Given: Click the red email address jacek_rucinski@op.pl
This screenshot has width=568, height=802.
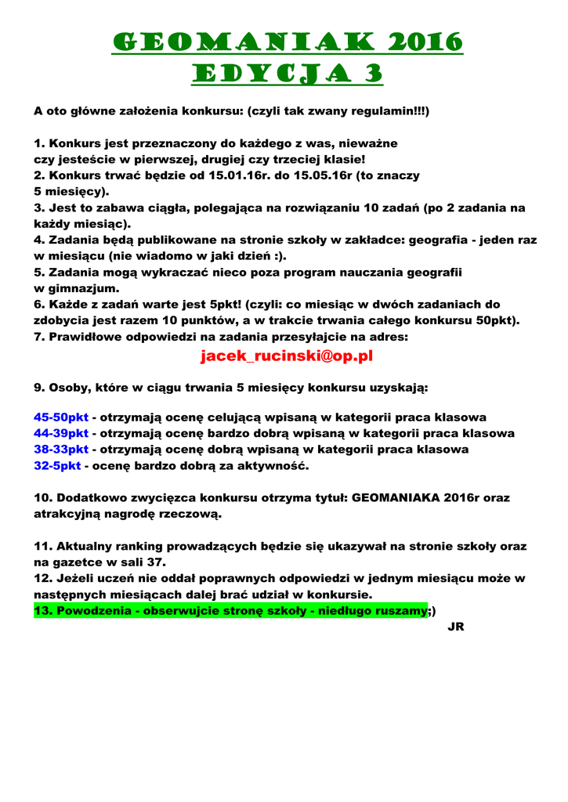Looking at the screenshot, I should click(x=286, y=356).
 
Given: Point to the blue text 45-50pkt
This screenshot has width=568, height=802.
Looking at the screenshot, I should click(x=61, y=417).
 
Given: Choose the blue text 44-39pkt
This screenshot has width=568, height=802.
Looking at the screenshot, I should click(x=61, y=433).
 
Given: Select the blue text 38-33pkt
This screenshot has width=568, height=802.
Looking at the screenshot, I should click(x=61, y=450).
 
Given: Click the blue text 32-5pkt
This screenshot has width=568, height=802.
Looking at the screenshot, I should click(x=57, y=466).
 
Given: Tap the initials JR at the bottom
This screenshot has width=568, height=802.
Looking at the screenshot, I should click(x=454, y=627).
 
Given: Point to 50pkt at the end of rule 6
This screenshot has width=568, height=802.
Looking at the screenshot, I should click(x=498, y=320).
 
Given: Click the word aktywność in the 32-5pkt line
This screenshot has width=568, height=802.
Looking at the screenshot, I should click(x=272, y=466).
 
